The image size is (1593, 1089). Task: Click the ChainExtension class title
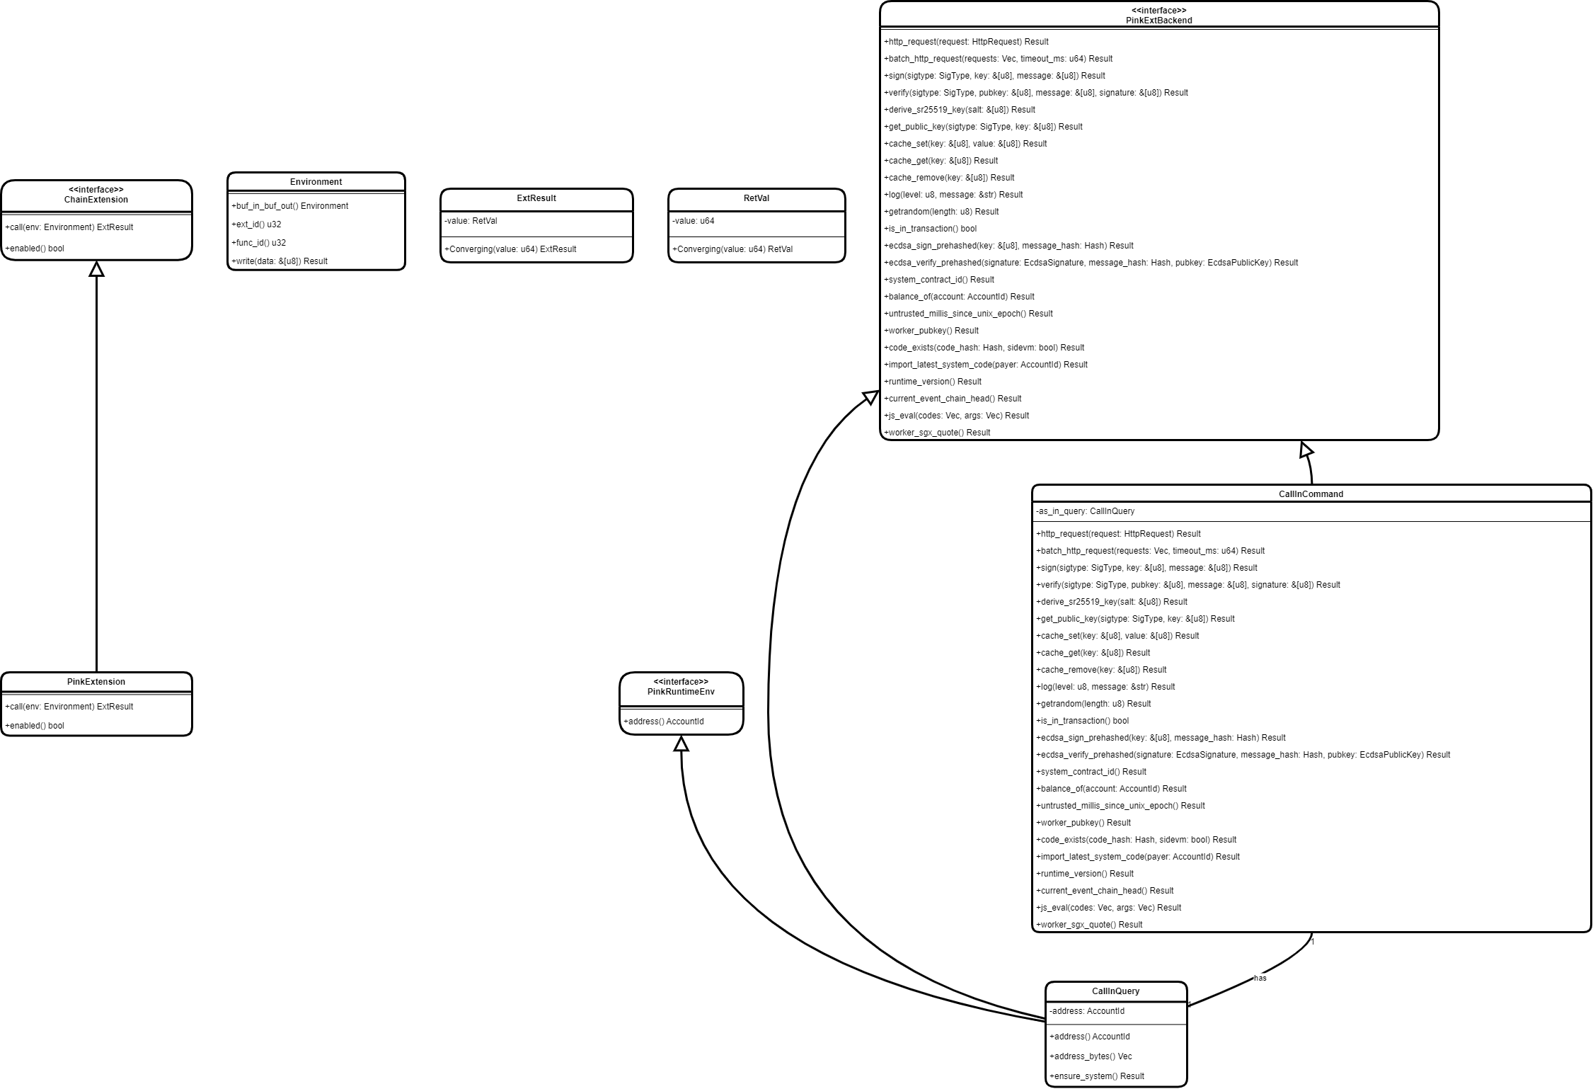point(96,200)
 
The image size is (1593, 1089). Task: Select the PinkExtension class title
point(96,682)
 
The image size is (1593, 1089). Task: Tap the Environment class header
point(316,182)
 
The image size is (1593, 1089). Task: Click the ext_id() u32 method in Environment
point(257,224)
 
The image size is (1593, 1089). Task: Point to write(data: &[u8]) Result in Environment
point(280,261)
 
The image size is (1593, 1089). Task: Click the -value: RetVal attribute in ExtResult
point(471,221)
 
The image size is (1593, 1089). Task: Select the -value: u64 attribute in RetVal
point(694,221)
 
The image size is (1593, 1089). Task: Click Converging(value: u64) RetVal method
point(732,249)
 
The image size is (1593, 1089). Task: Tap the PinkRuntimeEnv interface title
point(681,692)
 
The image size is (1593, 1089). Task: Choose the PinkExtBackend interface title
point(1159,21)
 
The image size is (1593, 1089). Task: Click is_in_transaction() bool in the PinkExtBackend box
point(931,229)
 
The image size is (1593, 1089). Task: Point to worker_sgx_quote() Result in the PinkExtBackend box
point(937,433)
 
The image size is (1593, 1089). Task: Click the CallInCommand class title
point(1311,494)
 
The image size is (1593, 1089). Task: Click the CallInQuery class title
point(1115,991)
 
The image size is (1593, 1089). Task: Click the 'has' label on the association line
point(1260,978)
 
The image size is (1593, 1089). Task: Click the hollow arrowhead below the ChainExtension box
point(96,268)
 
